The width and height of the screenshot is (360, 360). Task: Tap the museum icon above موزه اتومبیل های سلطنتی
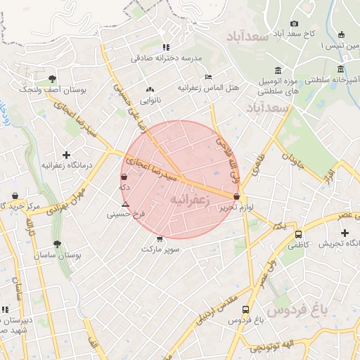pos(278,70)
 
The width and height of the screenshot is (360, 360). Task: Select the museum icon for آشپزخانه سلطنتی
pos(341,69)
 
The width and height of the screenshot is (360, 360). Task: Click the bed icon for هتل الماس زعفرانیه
pos(207,77)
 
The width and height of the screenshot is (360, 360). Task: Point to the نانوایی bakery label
pos(148,100)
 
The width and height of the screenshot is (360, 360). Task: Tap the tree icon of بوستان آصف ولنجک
pos(53,79)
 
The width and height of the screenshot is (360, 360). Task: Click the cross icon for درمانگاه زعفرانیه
pos(66,154)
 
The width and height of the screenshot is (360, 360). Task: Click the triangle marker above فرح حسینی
pos(125,204)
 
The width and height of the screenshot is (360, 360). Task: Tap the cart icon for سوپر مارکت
pos(160,238)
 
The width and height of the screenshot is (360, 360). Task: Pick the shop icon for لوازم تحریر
pos(236,197)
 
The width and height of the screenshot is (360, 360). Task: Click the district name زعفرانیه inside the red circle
pos(191,201)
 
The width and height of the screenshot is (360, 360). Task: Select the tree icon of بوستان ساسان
pos(57,244)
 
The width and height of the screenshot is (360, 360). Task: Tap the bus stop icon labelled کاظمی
pos(299,234)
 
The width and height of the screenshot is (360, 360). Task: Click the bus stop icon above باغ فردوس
pos(245,309)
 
